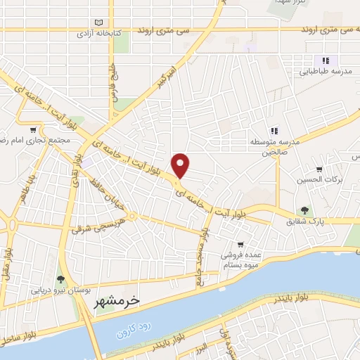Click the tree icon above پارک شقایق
[304, 210]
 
